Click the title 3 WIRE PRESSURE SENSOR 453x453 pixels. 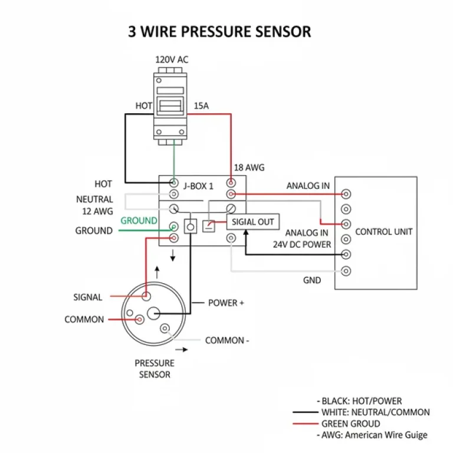[x=219, y=31]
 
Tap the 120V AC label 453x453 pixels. [x=172, y=60]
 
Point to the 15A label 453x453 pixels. [x=202, y=106]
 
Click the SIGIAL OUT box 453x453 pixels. [x=253, y=222]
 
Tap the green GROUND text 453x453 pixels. [x=139, y=221]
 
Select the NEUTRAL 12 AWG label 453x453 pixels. [x=94, y=205]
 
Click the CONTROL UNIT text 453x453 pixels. [x=384, y=232]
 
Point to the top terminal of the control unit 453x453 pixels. [x=346, y=194]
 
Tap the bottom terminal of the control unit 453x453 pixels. [x=346, y=271]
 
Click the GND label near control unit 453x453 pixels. [x=312, y=280]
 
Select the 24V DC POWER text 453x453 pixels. [x=302, y=244]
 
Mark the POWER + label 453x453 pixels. [x=226, y=303]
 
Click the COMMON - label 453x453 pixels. [x=227, y=340]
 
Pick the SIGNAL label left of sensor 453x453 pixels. [x=88, y=297]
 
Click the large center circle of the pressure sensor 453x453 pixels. [x=155, y=313]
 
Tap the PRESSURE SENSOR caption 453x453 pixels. [x=155, y=369]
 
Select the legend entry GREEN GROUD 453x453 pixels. [x=350, y=424]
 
